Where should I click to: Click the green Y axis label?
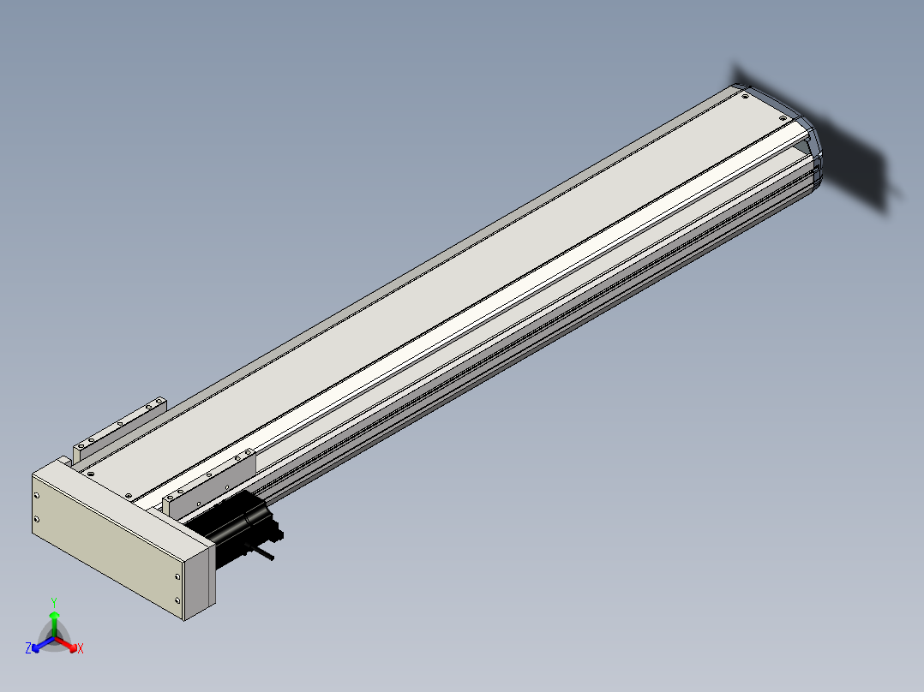(x=54, y=602)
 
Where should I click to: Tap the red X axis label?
(x=81, y=648)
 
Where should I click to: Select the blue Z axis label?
(x=28, y=648)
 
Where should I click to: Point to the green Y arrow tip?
(x=54, y=612)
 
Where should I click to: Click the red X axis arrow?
(x=66, y=644)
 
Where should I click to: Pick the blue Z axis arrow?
(x=43, y=644)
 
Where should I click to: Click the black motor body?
(x=233, y=524)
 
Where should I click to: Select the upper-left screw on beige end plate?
(x=37, y=496)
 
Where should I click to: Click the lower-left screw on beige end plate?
(x=37, y=520)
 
